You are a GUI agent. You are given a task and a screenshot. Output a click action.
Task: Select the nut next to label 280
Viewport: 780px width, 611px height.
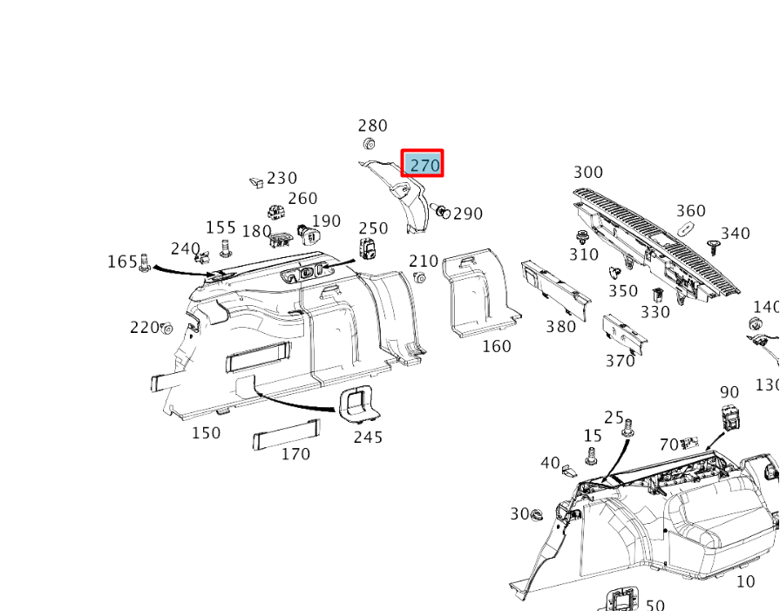tap(368, 145)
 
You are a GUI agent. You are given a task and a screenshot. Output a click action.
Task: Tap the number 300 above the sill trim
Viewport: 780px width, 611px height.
tap(588, 173)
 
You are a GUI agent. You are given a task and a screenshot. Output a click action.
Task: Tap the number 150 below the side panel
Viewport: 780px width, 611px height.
tap(206, 433)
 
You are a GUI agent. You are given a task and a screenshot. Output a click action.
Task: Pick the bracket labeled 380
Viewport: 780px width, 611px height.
tap(555, 289)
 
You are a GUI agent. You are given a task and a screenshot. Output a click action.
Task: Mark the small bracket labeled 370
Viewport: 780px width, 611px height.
tap(624, 334)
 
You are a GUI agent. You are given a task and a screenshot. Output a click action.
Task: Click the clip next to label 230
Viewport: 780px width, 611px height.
tap(257, 182)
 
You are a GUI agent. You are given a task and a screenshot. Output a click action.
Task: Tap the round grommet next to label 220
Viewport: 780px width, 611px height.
tap(166, 329)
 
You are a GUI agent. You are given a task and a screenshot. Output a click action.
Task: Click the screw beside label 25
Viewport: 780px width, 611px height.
tap(626, 430)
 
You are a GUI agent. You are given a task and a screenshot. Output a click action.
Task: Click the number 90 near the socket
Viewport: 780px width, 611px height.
tap(729, 392)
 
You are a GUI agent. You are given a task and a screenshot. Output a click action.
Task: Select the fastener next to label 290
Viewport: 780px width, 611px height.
tap(440, 210)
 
